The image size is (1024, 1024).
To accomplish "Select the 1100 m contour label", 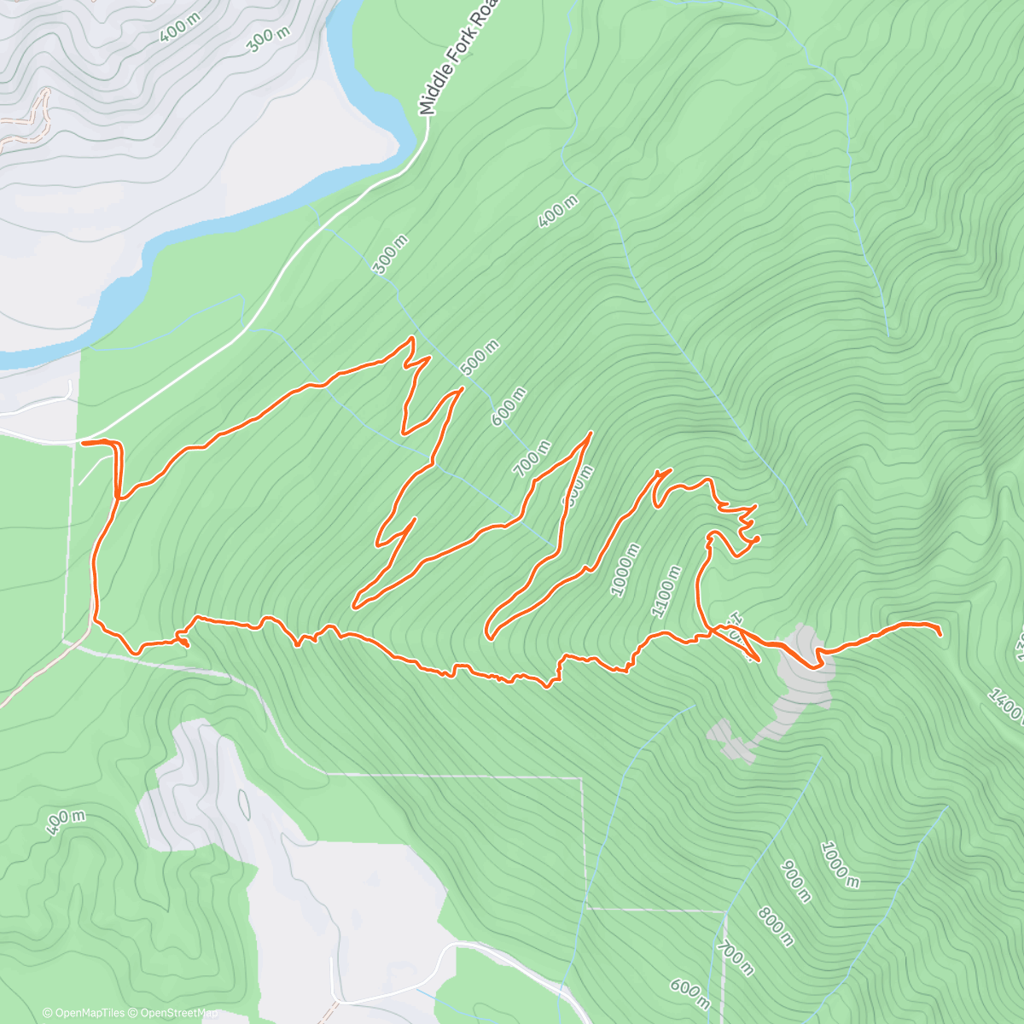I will point(666,591).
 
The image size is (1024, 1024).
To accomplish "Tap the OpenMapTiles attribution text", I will point(84,1013).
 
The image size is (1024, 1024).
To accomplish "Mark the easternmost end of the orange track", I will point(940,634).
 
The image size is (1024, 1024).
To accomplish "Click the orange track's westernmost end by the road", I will point(83,443).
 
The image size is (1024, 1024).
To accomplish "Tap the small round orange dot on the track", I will point(755,538).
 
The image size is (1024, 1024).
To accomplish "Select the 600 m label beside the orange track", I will point(509,406).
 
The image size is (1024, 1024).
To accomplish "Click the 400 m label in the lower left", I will point(65,823).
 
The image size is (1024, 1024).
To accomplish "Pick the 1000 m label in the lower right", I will point(840,864).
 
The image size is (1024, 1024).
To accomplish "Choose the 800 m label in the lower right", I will point(775,927).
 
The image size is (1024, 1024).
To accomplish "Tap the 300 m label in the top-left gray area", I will point(269,37).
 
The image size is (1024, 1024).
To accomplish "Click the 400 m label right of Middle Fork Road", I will point(559,212).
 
